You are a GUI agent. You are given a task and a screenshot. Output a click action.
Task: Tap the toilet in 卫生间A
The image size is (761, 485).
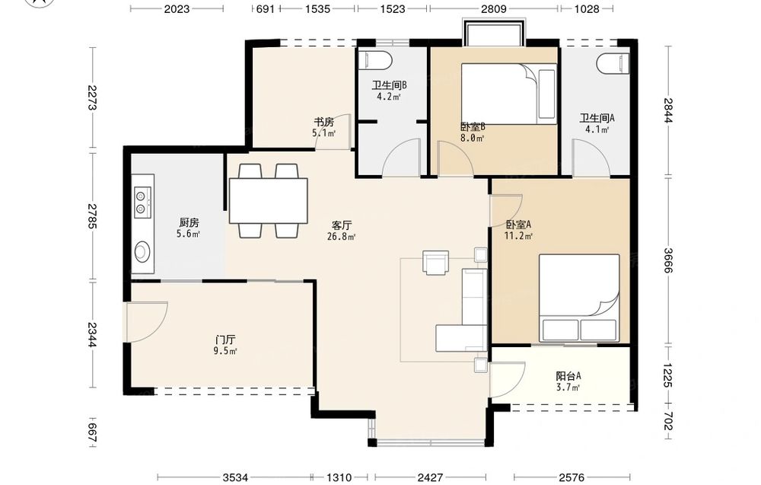pyautogui.click(x=613, y=63)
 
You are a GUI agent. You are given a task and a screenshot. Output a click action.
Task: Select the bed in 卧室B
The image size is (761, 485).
pyautogui.click(x=508, y=94)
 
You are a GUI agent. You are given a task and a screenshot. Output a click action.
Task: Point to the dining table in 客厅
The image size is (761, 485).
pyautogui.click(x=269, y=200)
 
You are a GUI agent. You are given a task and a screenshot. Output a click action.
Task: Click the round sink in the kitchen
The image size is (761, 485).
pyautogui.click(x=143, y=251)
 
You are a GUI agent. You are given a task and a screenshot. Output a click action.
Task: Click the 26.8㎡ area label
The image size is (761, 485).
pyautogui.click(x=342, y=237)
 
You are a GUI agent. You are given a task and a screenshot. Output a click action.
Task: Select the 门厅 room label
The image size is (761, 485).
pyautogui.click(x=225, y=340)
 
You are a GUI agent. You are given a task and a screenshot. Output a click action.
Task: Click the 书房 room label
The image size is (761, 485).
pyautogui.click(x=323, y=122)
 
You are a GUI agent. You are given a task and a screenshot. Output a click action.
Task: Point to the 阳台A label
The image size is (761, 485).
pyautogui.click(x=568, y=376)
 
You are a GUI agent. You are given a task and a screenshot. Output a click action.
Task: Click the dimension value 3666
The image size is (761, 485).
pyautogui.click(x=668, y=260)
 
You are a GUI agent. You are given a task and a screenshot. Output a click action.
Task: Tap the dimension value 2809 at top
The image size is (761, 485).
pyautogui.click(x=494, y=8)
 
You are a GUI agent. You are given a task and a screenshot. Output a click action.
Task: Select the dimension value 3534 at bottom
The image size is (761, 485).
pyautogui.click(x=235, y=477)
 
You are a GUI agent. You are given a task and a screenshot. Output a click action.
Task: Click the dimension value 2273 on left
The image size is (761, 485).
pyautogui.click(x=92, y=97)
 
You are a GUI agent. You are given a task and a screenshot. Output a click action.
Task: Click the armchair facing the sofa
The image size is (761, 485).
pyautogui.click(x=436, y=263)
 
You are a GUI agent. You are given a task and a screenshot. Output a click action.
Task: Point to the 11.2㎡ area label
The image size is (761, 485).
pyautogui.click(x=519, y=237)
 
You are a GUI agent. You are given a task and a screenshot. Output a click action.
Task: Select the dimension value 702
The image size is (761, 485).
pyautogui.click(x=668, y=421)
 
